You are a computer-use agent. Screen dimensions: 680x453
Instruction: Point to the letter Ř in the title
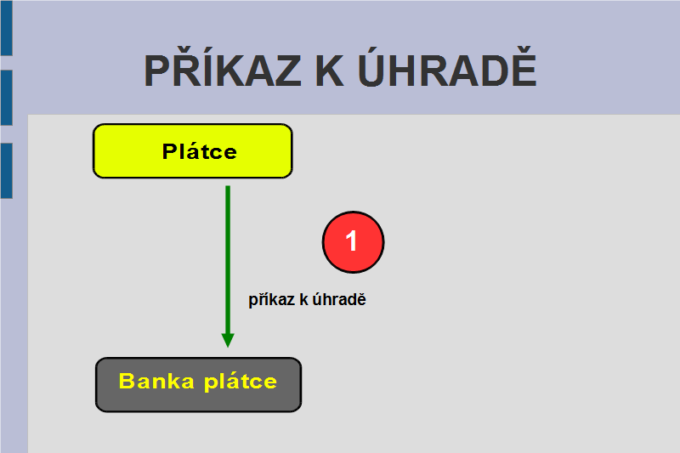(189, 66)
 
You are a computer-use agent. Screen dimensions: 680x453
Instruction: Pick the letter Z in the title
(286, 71)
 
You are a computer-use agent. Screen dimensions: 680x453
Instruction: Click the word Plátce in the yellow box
(200, 151)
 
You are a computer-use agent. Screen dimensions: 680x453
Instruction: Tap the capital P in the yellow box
(171, 151)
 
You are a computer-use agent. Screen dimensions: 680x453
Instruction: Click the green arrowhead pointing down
(228, 340)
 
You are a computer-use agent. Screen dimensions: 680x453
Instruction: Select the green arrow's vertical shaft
(228, 260)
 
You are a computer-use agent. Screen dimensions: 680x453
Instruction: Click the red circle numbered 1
(353, 242)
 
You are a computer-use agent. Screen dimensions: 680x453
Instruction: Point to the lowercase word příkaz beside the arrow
(271, 299)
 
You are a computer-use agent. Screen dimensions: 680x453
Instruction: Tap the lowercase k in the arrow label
(303, 299)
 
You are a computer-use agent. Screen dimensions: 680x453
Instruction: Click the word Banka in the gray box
(156, 381)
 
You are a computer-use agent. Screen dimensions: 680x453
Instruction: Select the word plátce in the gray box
(241, 382)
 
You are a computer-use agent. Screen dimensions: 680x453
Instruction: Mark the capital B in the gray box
(127, 381)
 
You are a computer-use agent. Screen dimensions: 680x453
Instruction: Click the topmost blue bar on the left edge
(7, 28)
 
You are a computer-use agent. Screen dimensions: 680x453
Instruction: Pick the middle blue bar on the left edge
(7, 98)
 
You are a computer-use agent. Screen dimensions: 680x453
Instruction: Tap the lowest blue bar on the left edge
(7, 171)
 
